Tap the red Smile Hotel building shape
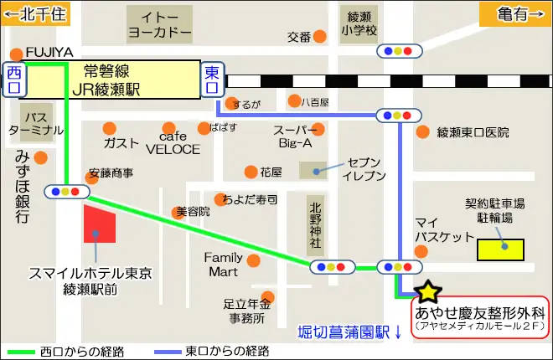(x=99, y=222)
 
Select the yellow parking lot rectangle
(x=500, y=249)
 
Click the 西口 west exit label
(x=14, y=80)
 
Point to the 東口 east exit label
(x=213, y=80)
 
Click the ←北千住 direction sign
(x=37, y=13)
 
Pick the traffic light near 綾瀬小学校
(x=398, y=50)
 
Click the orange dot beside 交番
(x=319, y=37)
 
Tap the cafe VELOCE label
(x=173, y=143)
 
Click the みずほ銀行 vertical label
(x=23, y=187)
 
